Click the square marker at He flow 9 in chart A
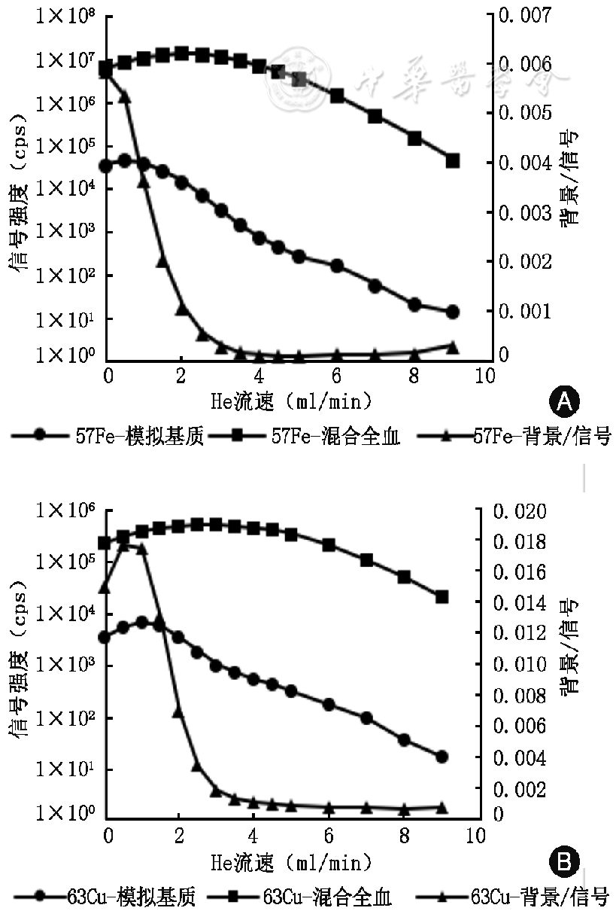[x=453, y=161]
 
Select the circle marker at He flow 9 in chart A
[x=453, y=312]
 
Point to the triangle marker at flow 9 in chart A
[x=453, y=346]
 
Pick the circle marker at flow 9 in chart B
[x=442, y=757]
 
